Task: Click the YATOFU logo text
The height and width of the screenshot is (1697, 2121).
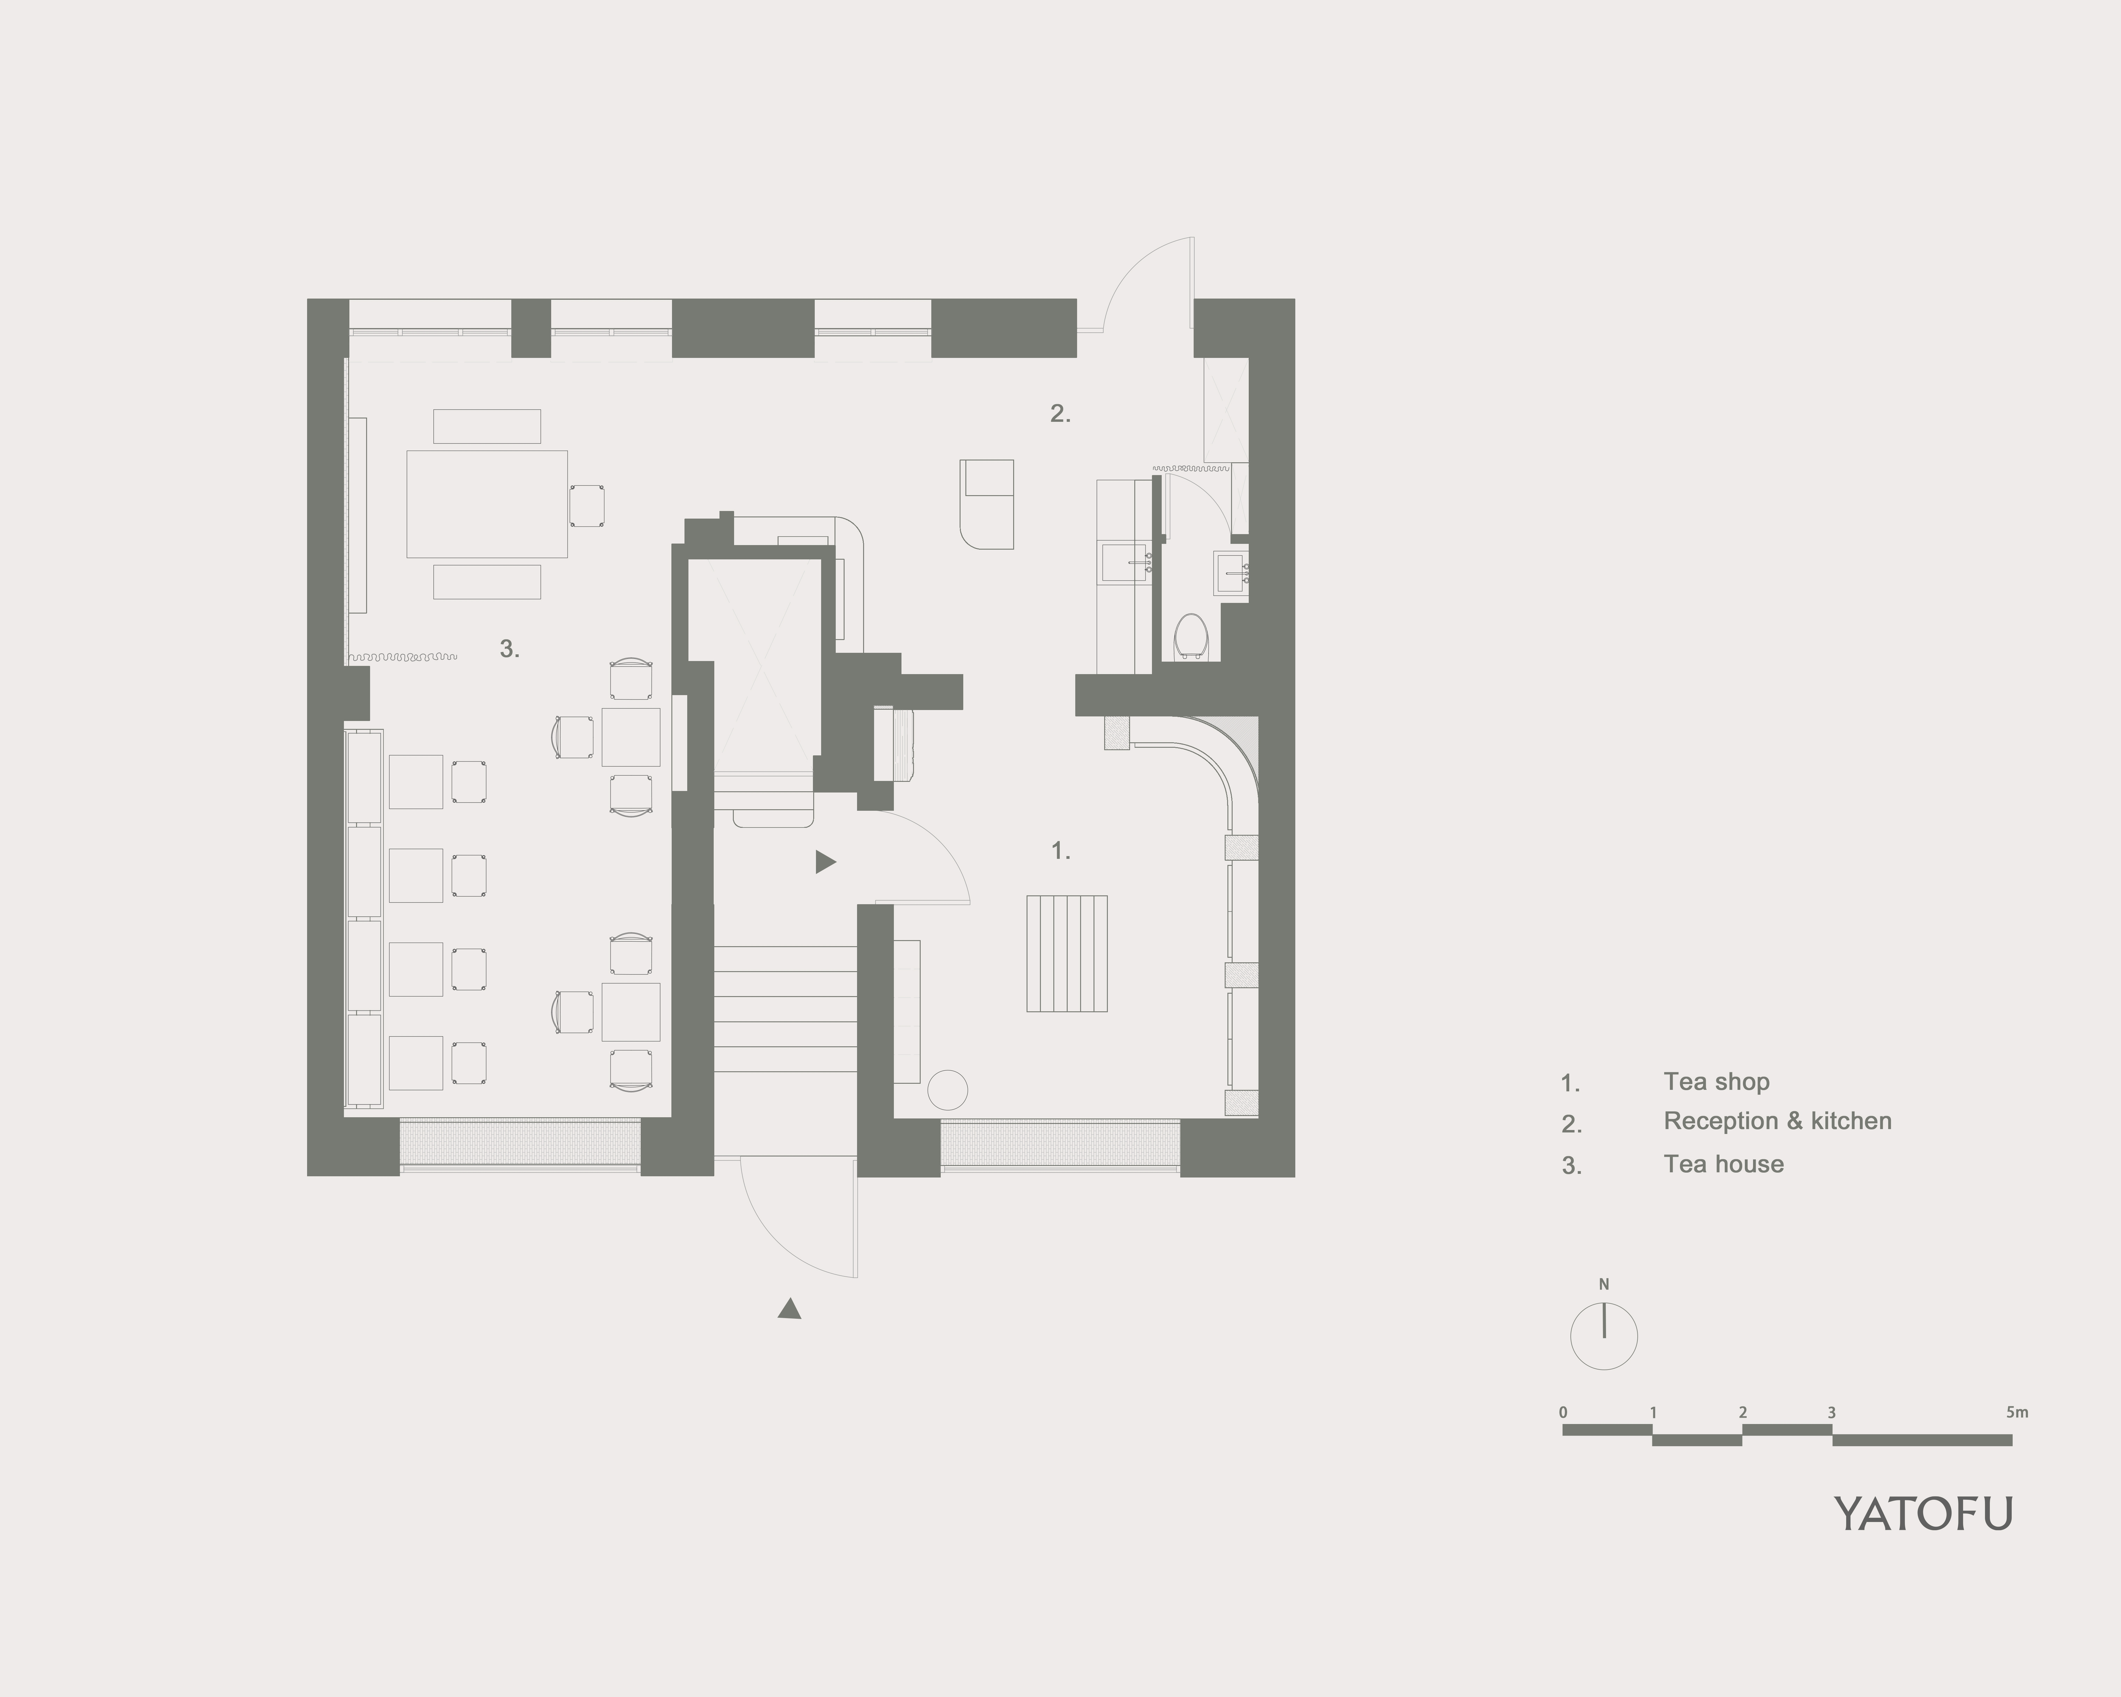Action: pyautogui.click(x=1923, y=1514)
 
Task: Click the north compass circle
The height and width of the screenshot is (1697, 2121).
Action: pyautogui.click(x=1604, y=1337)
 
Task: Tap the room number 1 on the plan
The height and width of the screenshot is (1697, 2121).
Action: pyautogui.click(x=1060, y=851)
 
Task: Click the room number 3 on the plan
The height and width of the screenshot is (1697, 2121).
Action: pyautogui.click(x=509, y=649)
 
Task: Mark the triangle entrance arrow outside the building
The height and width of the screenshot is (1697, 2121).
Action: pyautogui.click(x=789, y=1308)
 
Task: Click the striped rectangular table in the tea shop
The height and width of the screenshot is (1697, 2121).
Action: pyautogui.click(x=1066, y=953)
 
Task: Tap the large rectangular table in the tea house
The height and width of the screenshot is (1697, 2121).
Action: pyautogui.click(x=487, y=504)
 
